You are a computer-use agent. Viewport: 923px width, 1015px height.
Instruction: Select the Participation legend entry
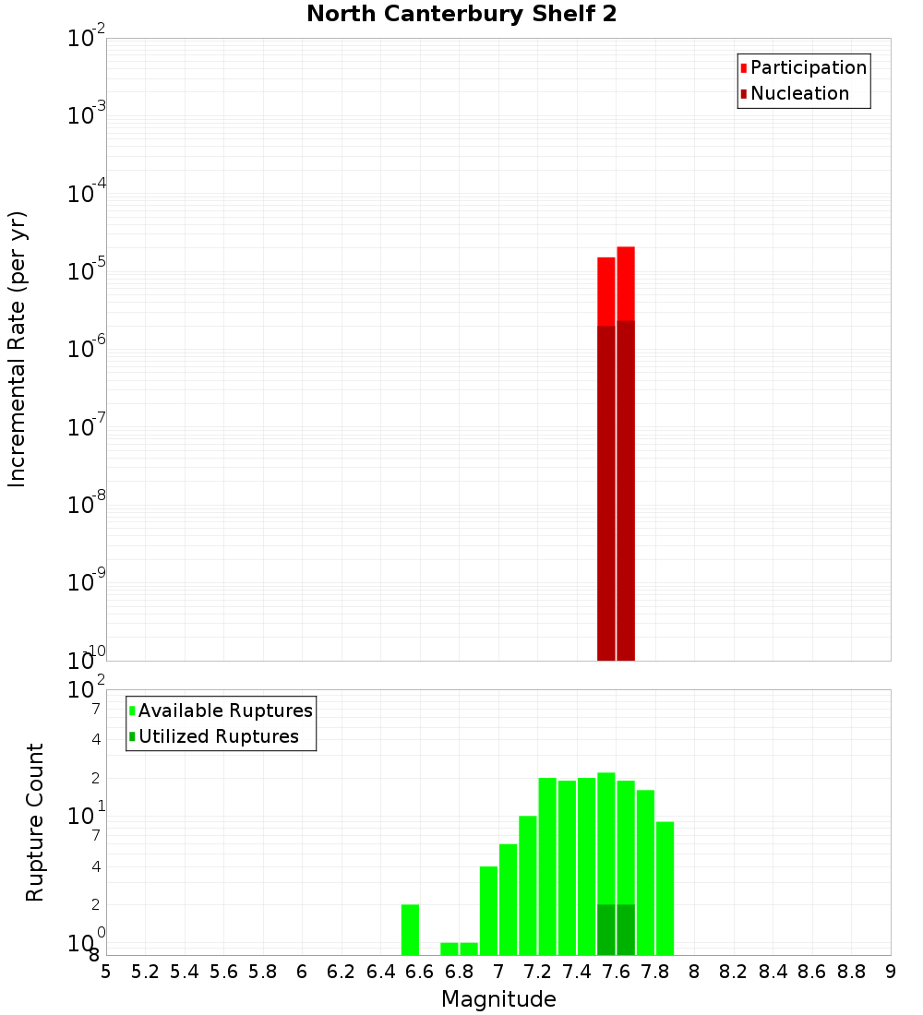point(809,67)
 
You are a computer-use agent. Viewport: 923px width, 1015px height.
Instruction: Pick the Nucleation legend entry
point(799,93)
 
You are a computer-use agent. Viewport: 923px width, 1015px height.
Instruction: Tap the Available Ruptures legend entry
point(225,710)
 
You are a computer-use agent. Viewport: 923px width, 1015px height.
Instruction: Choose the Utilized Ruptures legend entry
point(218,736)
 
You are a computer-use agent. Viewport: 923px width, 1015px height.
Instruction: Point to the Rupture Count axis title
point(35,822)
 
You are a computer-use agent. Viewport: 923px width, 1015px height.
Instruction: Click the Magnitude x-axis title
point(498,999)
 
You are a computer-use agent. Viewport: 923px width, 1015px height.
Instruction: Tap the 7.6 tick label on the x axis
point(616,972)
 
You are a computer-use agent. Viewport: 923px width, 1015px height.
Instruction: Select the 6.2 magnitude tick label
point(342,972)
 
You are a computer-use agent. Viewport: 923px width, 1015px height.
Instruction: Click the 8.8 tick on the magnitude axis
point(851,972)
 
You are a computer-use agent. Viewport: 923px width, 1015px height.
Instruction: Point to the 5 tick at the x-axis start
point(106,972)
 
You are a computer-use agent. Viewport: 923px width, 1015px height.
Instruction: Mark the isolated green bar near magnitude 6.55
point(411,929)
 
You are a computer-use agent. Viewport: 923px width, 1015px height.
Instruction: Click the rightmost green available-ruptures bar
point(665,888)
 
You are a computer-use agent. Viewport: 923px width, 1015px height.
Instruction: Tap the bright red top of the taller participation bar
point(626,282)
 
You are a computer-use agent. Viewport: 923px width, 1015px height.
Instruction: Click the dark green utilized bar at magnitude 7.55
point(605,929)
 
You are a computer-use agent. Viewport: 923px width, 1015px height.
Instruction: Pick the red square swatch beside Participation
point(744,68)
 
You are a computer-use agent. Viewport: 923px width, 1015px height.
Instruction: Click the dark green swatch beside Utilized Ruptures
point(133,736)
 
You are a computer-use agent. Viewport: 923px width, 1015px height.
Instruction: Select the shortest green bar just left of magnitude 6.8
point(450,949)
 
